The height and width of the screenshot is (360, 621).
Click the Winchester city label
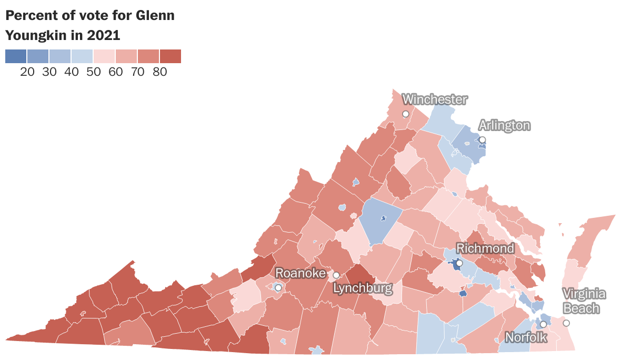pyautogui.click(x=435, y=99)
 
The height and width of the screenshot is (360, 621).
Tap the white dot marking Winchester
pyautogui.click(x=406, y=114)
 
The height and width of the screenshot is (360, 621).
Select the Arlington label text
pyautogui.click(x=504, y=125)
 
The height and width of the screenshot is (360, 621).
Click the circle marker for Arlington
pyautogui.click(x=482, y=140)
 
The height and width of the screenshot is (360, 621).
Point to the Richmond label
pyautogui.click(x=485, y=248)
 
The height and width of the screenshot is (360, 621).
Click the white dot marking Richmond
pyautogui.click(x=459, y=263)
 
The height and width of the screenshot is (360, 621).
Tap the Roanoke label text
pyautogui.click(x=301, y=273)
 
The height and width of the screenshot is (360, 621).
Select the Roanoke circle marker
pyautogui.click(x=278, y=287)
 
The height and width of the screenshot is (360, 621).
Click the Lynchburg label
pyautogui.click(x=363, y=288)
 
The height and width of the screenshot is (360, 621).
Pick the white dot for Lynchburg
pyautogui.click(x=336, y=275)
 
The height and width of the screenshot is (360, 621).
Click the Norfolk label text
pyautogui.click(x=526, y=337)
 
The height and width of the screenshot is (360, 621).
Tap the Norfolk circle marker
pyautogui.click(x=543, y=324)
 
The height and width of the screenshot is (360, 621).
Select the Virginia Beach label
pyautogui.click(x=584, y=301)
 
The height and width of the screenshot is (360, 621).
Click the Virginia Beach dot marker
pyautogui.click(x=566, y=323)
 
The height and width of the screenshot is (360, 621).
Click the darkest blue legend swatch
pyautogui.click(x=16, y=56)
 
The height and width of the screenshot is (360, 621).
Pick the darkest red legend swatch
pyautogui.click(x=170, y=56)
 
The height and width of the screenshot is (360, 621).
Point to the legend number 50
pyautogui.click(x=94, y=73)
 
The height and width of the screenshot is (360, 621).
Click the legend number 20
pyautogui.click(x=27, y=73)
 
